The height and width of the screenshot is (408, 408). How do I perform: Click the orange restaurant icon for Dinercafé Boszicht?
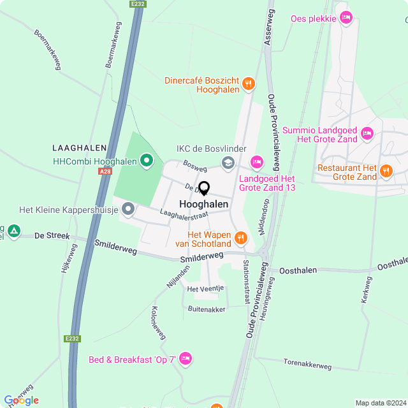point(249,83)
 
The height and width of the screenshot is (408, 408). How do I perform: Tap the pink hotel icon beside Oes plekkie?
point(346,18)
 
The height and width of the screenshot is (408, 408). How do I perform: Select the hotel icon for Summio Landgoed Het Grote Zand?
point(367,133)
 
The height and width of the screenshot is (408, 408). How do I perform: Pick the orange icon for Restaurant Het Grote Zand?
point(386,170)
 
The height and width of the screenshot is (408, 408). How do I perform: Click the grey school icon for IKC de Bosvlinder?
point(228,163)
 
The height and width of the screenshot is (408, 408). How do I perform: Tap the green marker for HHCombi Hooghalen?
point(147,161)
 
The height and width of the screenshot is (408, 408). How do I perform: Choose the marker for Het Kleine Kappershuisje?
point(128,208)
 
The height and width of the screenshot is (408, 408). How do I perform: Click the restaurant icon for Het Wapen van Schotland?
point(240,238)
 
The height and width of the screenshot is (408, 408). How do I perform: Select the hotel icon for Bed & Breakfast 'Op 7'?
point(185,360)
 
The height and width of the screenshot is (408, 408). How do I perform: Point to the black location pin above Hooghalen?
point(204,189)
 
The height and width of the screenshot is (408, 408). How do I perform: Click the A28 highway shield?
point(105,171)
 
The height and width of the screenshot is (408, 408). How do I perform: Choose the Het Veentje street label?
point(205,289)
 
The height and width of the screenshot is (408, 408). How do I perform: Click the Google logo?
point(21,400)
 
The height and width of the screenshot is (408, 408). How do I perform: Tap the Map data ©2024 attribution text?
point(380,403)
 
